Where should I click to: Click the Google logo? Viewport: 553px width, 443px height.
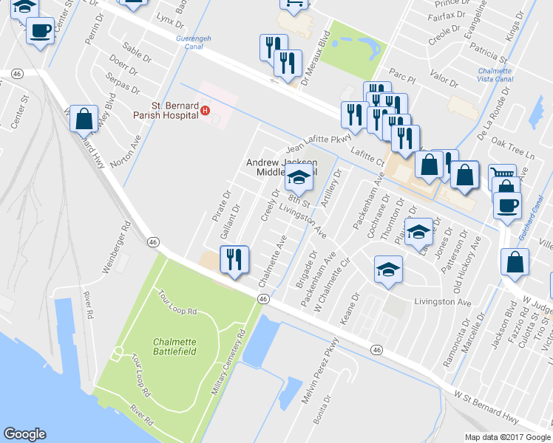[x=24, y=434]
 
